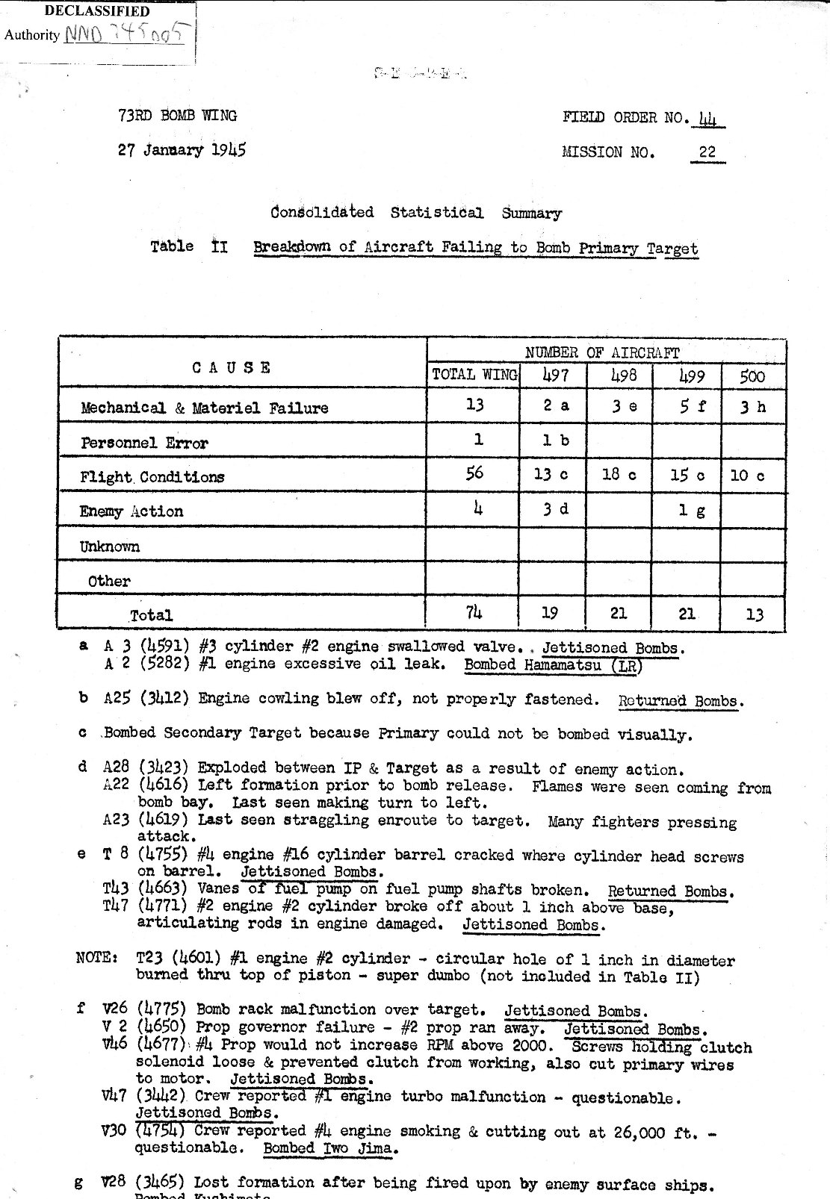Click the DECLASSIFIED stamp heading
98,11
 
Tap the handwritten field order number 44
706,118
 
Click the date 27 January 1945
182,149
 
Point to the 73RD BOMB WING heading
177,116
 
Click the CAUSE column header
232,367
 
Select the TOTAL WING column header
474,375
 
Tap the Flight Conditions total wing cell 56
474,473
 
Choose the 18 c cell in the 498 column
619,475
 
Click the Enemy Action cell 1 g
693,511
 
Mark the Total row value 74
474,613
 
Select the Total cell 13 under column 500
755,614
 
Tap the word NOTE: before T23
97,959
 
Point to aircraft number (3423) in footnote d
164,768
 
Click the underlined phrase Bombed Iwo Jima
328,1148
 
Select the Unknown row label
110,546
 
